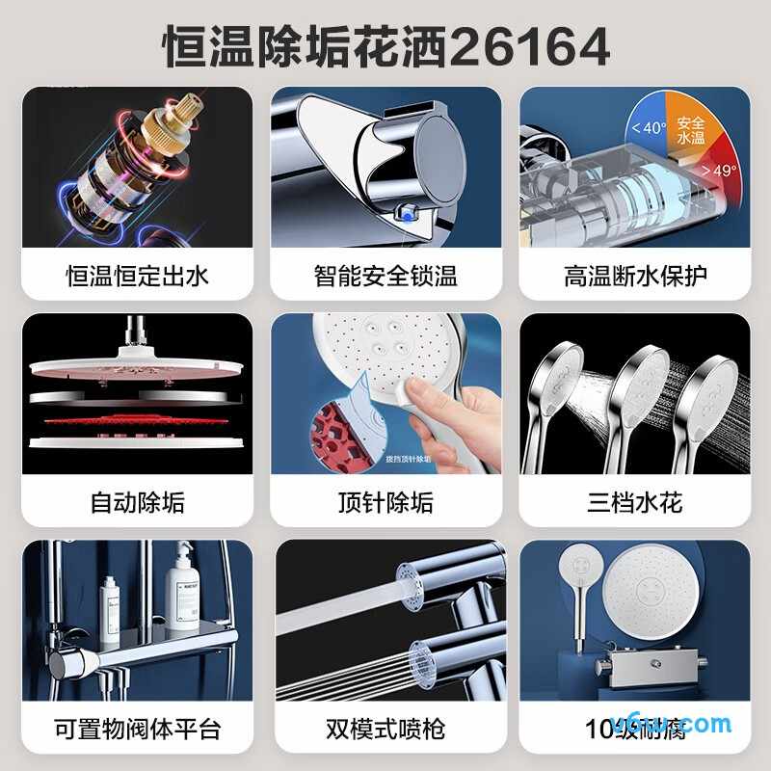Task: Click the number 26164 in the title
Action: (529, 46)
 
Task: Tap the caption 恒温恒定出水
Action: (137, 277)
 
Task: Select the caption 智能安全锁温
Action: (385, 277)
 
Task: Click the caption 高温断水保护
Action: (635, 277)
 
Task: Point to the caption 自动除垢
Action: (137, 502)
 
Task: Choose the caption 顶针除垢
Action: (385, 502)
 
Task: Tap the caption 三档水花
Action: (635, 502)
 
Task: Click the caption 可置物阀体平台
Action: (137, 728)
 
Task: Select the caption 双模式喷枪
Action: (385, 728)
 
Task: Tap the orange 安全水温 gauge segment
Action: (690, 129)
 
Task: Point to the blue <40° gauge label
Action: (649, 128)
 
